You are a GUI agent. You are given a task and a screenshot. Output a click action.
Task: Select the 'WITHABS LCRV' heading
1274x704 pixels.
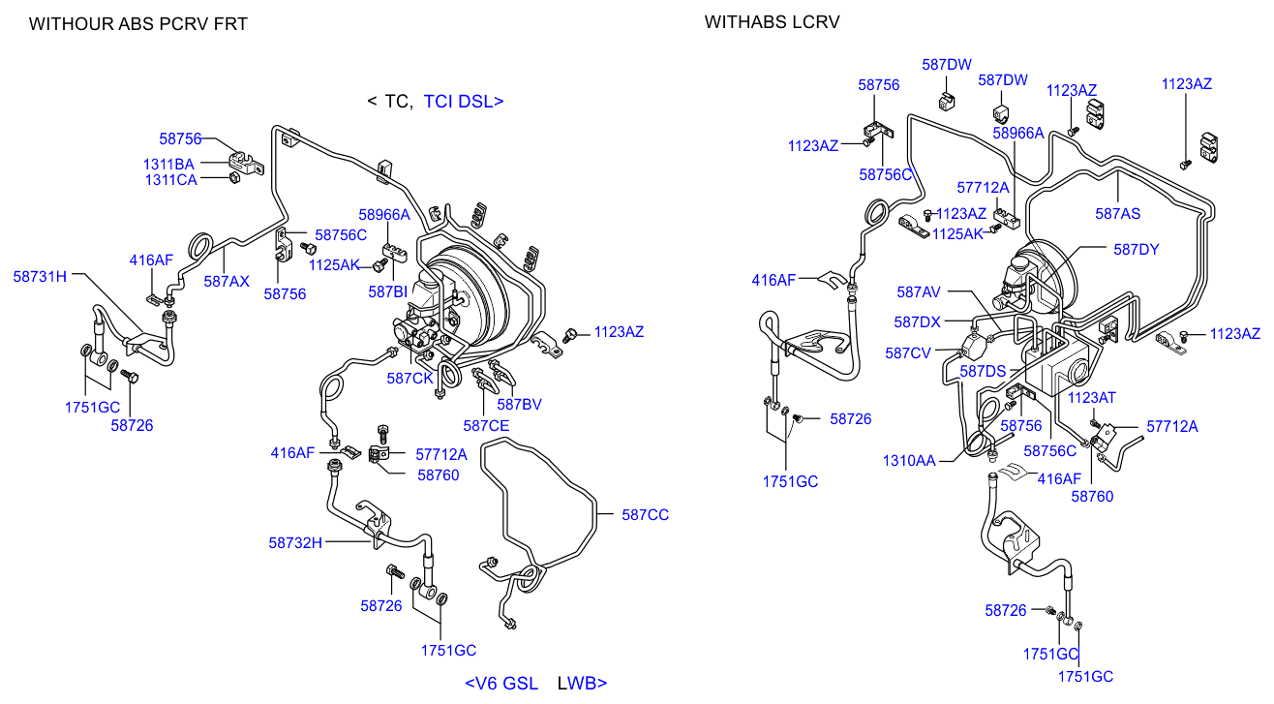772,21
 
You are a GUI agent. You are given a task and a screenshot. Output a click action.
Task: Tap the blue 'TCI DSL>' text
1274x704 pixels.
464,101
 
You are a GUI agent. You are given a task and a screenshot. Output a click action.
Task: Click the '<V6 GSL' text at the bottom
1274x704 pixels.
501,683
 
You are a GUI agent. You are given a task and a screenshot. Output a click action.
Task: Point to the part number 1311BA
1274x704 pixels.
169,164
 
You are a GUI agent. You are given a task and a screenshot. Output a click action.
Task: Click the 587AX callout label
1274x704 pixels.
227,281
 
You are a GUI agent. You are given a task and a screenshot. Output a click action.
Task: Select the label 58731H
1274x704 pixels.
40,276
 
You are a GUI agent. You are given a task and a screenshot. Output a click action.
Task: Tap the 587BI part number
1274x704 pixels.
387,291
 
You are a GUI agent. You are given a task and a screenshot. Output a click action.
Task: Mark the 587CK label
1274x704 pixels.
409,378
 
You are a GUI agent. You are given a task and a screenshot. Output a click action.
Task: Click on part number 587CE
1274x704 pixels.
486,425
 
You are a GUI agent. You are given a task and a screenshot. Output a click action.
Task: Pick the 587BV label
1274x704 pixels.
520,404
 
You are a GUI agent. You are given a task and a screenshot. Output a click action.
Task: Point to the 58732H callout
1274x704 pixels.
295,542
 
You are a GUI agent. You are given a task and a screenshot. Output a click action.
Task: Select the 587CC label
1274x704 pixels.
645,515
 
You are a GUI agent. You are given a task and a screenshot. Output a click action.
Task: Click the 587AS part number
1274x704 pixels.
1117,214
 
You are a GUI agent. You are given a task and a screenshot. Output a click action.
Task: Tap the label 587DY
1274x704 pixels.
1136,249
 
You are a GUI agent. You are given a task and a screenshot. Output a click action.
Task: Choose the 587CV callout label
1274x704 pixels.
908,353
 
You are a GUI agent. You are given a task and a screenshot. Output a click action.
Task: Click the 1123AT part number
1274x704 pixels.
1092,397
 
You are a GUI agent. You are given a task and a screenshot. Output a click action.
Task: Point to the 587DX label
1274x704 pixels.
917,321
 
